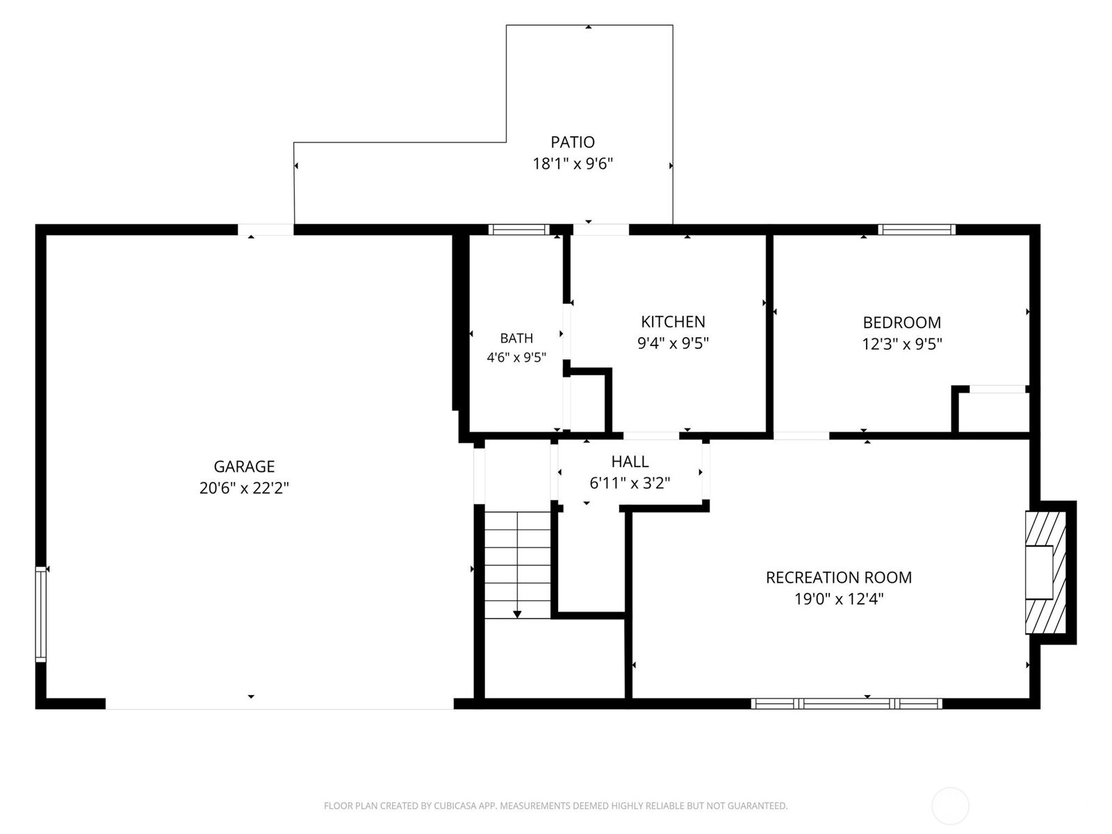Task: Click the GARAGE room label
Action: click(244, 466)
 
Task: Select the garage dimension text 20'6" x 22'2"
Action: click(244, 488)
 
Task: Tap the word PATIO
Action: click(573, 142)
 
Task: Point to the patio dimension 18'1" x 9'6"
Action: click(573, 164)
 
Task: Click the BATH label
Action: click(516, 338)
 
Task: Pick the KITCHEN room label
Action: click(673, 322)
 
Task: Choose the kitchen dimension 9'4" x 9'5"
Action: click(673, 343)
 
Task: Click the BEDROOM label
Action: click(901, 322)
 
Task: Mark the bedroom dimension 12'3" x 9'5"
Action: click(901, 344)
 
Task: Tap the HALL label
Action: click(630, 461)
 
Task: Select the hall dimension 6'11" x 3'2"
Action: click(630, 483)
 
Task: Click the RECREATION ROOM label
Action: click(838, 578)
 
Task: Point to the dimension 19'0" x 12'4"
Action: click(838, 599)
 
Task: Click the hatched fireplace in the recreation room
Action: click(1046, 572)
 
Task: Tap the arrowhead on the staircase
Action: click(517, 614)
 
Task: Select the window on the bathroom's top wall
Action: click(518, 229)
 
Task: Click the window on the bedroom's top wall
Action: click(917, 229)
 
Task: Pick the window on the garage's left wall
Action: click(40, 614)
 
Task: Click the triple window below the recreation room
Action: click(846, 703)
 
